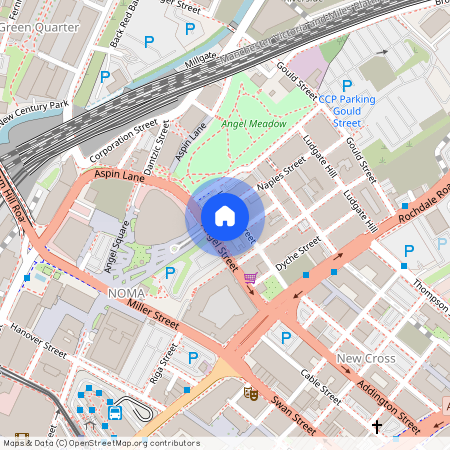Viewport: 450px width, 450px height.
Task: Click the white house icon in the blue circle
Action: coord(225,216)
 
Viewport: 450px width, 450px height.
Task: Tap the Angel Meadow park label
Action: coord(254,123)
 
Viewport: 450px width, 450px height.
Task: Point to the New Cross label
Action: coord(365,358)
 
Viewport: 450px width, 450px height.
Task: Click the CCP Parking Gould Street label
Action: coord(346,110)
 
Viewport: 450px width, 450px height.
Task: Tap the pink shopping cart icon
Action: coord(250,277)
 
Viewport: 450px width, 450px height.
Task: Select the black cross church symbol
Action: coord(377,427)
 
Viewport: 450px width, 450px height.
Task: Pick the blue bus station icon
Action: coord(115,410)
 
